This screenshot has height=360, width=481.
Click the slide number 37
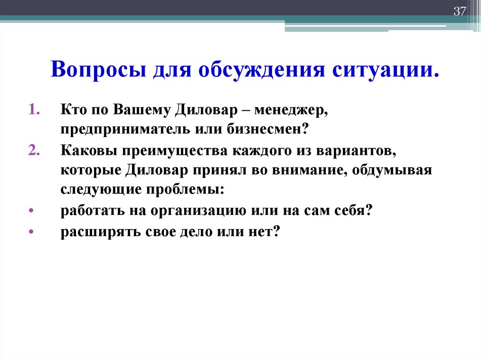(459, 12)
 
